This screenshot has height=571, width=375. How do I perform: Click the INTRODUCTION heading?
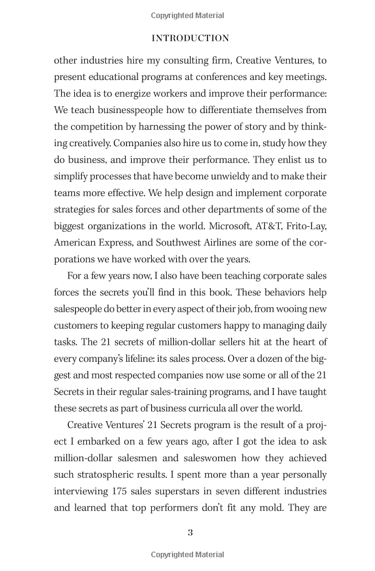point(191,38)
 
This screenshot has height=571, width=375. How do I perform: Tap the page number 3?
point(191,532)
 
